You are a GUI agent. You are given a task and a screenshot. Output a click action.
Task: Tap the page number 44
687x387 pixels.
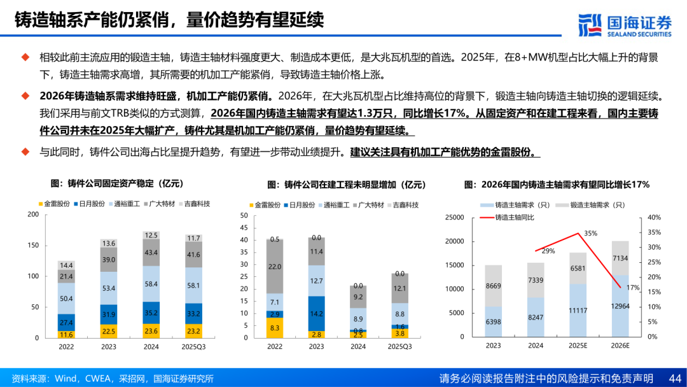[x=675, y=377]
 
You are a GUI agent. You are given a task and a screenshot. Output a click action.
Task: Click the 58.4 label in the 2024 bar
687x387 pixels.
[x=151, y=284]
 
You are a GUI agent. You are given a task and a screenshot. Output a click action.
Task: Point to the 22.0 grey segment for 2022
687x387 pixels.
[x=275, y=267]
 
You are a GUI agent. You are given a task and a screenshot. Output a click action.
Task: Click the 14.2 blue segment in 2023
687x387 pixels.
[x=316, y=313]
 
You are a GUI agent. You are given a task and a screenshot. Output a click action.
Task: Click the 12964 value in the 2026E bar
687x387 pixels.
[x=620, y=306]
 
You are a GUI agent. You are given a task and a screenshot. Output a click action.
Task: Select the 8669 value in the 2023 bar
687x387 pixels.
[x=494, y=286]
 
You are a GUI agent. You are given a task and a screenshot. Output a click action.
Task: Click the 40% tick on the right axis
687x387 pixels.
[x=653, y=218]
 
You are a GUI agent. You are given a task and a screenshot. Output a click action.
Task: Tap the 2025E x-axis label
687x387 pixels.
[x=578, y=346]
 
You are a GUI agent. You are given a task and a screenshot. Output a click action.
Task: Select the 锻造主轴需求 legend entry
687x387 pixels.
[x=588, y=205]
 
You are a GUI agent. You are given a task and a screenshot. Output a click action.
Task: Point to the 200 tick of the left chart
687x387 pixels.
[x=33, y=215]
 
